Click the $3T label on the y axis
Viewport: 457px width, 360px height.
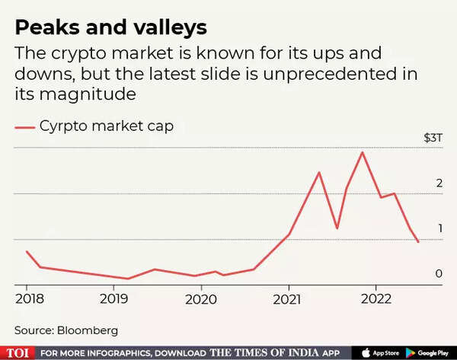tap(432, 139)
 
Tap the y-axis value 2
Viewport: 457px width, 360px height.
tap(439, 183)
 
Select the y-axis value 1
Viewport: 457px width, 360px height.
tap(439, 228)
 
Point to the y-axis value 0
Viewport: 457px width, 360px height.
tap(439, 273)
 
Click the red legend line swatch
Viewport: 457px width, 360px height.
tap(25, 127)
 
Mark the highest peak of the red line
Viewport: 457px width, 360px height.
tap(362, 152)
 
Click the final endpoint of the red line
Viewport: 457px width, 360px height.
tap(418, 242)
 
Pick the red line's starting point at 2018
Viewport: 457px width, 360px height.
tap(27, 251)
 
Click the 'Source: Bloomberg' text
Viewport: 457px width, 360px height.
tap(66, 330)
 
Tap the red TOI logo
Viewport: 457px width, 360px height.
tap(17, 352)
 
